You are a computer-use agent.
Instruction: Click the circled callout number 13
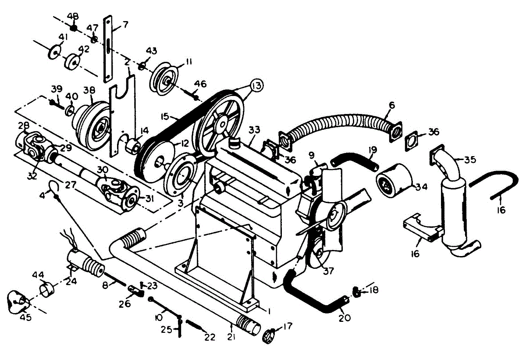pos(257,85)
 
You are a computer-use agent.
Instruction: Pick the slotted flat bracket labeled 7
pos(107,48)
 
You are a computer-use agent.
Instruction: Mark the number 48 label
pos(73,17)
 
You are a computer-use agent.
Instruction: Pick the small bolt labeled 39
pos(55,103)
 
